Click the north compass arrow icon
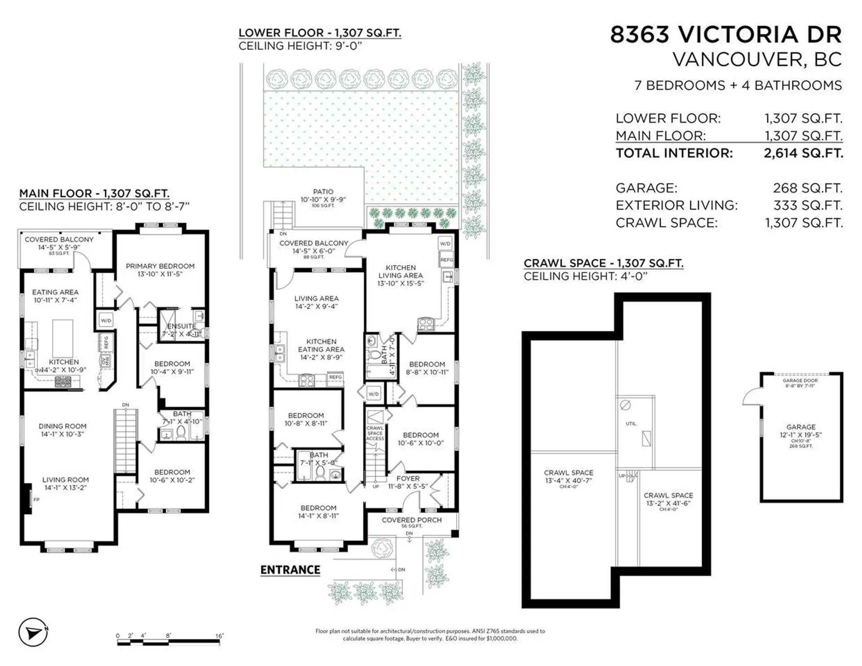click(33, 633)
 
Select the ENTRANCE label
click(290, 570)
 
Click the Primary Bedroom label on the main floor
click(160, 266)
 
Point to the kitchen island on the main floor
click(62, 338)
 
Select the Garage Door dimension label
click(800, 383)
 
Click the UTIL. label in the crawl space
click(631, 424)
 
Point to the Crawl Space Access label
click(375, 433)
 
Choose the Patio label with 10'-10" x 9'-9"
click(323, 196)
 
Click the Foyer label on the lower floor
click(408, 479)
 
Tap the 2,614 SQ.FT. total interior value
click(803, 153)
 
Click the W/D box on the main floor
click(106, 321)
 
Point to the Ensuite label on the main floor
click(181, 326)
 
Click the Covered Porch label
click(412, 520)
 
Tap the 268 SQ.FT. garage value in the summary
click(807, 188)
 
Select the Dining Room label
click(62, 426)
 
